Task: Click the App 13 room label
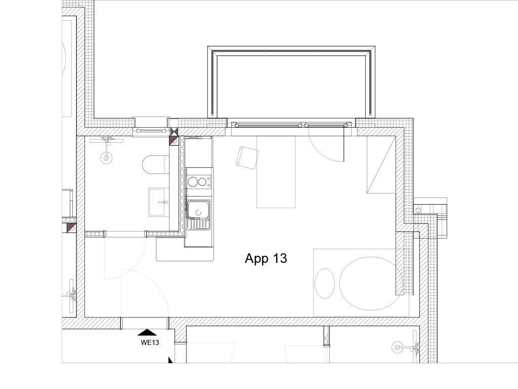pos(266,258)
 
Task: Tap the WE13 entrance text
pos(150,343)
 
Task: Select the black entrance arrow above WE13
pos(147,332)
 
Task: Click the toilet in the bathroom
pos(156,165)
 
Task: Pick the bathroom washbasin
pos(159,202)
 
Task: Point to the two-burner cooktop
pos(199,182)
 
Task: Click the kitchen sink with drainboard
pos(198,215)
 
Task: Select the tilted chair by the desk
pos(247,158)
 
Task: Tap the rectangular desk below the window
pos(276,172)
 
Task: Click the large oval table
pos(371,284)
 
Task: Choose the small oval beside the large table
pos(325,284)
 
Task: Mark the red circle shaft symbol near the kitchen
pos(174,141)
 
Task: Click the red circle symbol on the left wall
pos(71,228)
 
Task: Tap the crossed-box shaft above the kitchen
pos(174,132)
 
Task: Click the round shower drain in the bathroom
pos(106,158)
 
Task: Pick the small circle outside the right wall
pos(418,210)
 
